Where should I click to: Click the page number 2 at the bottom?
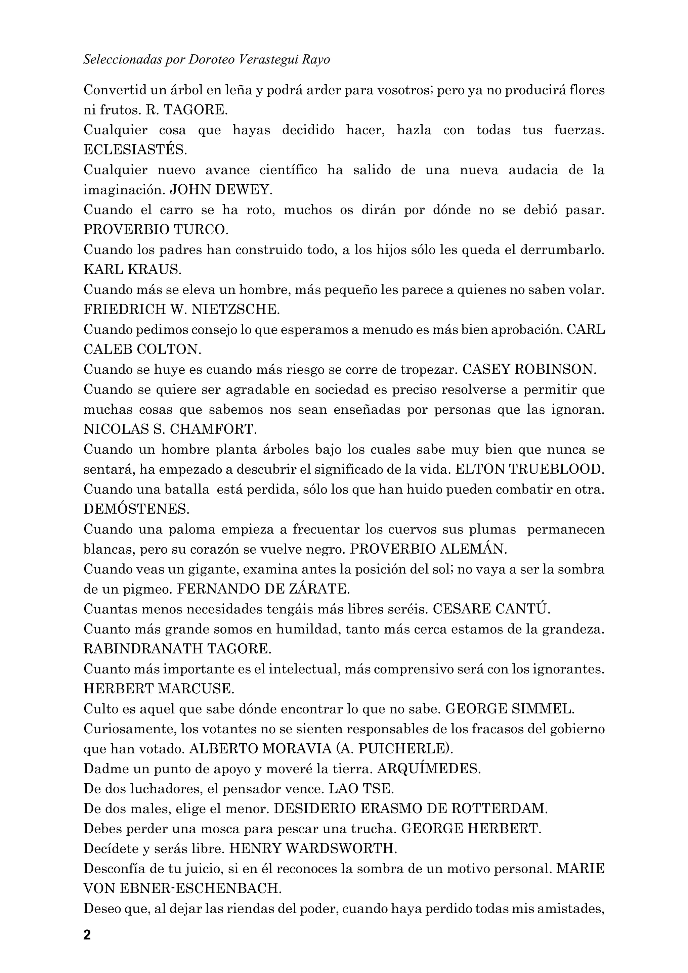[87, 934]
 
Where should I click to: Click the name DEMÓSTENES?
[136, 509]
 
